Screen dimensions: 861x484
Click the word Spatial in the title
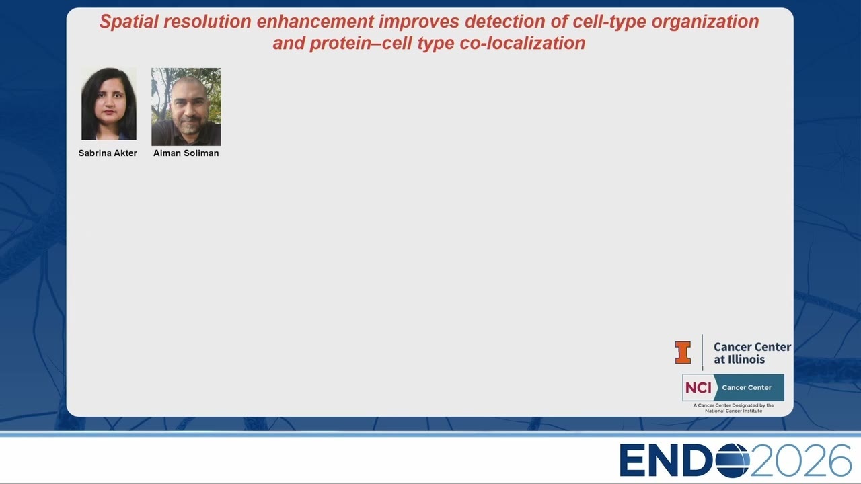point(128,22)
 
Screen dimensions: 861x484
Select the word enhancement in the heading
point(315,22)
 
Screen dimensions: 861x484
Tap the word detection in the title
point(505,22)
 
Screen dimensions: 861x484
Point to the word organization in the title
point(705,22)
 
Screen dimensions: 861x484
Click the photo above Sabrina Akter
point(109,104)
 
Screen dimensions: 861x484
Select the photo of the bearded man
point(186,107)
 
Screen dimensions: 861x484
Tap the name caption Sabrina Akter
point(108,153)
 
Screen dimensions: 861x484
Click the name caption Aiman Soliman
point(186,153)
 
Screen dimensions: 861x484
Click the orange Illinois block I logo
point(683,352)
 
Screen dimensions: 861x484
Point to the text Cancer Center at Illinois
point(752,353)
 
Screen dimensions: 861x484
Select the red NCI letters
point(698,388)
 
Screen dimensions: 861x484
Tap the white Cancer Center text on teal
point(747,388)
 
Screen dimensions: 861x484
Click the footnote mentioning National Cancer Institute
point(733,408)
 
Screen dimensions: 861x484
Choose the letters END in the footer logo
point(667,460)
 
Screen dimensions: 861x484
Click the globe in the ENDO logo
point(733,460)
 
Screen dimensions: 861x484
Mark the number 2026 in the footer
point(801,460)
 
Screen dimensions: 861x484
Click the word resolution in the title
point(208,22)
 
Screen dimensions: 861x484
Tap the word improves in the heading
point(419,22)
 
